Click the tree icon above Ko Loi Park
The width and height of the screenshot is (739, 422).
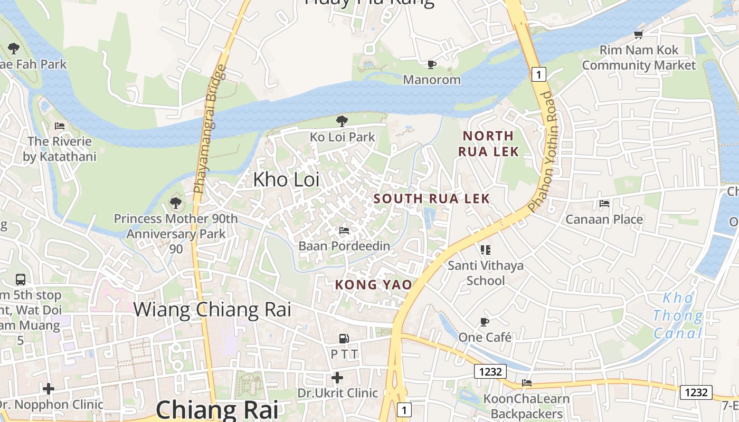(342, 121)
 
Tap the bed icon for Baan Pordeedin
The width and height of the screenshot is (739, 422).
(344, 231)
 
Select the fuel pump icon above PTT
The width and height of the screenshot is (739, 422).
(344, 338)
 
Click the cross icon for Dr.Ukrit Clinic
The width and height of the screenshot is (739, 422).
(337, 378)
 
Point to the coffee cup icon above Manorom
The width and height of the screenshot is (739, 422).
(432, 64)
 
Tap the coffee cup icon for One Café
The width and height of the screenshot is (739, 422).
(485, 322)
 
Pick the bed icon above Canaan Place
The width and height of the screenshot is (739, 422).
(604, 204)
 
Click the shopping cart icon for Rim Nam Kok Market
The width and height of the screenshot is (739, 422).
(639, 35)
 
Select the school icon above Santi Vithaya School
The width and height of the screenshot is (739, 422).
(485, 250)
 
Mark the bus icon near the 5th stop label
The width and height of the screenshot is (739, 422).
(21, 280)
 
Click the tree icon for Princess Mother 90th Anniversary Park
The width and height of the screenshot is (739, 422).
(176, 203)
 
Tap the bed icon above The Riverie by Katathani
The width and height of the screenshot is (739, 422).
(60, 126)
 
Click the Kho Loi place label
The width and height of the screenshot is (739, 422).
(286, 180)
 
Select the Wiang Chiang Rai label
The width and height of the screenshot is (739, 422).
(212, 310)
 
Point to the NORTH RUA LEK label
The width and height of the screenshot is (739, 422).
(488, 143)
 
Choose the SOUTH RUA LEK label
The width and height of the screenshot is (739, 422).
(432, 199)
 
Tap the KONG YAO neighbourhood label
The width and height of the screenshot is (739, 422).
(373, 285)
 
